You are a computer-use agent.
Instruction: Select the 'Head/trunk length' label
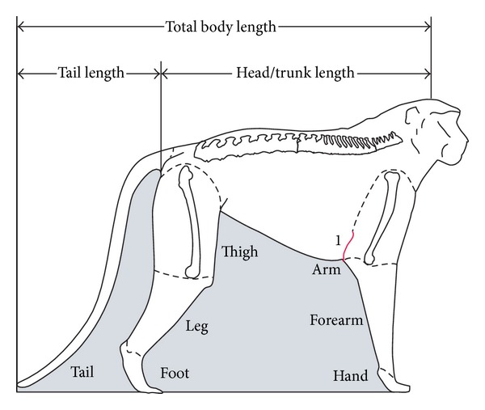(295, 73)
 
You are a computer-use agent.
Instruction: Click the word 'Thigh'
(240, 252)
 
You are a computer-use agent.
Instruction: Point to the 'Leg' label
(197, 327)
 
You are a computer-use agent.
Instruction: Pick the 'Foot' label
(175, 374)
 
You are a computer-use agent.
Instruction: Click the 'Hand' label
(350, 376)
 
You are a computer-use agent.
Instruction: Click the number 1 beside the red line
(338, 239)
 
